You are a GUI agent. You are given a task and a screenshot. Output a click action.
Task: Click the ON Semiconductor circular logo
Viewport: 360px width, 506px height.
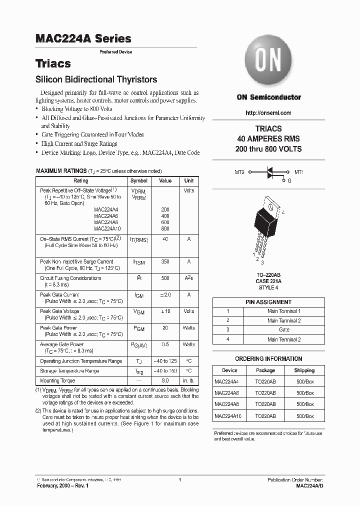[268, 62]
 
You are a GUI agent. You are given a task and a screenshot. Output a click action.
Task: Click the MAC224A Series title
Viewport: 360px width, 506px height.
[83, 38]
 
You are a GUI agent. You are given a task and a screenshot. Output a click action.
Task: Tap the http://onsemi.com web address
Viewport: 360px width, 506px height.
[268, 113]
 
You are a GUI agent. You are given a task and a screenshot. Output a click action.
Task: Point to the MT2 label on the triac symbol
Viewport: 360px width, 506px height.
[239, 172]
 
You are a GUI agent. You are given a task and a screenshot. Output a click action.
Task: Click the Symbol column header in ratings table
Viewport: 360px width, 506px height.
[139, 181]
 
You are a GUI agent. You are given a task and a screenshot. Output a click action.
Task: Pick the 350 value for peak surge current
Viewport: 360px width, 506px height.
[165, 261]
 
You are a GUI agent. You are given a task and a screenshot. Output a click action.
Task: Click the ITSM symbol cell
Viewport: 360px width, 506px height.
[139, 262]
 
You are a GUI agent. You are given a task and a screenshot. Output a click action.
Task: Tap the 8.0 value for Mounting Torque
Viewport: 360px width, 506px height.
[165, 380]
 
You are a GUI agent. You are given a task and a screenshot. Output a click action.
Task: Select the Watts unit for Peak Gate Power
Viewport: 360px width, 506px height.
[188, 328]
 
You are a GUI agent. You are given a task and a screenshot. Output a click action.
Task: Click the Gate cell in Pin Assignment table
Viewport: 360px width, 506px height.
[283, 330]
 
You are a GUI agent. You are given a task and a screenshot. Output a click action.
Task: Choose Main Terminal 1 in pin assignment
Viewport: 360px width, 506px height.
[283, 311]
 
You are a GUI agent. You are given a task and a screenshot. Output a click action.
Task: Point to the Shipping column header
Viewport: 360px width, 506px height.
[304, 370]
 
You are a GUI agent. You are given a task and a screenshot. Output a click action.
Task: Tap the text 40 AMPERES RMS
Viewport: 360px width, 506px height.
[268, 139]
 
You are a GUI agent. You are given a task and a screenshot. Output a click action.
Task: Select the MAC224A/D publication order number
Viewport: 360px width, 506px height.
[309, 485]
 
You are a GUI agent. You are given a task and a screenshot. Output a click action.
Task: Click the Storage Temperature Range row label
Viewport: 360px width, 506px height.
[69, 371]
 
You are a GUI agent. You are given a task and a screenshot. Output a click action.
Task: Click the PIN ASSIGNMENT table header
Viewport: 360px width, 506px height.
[268, 302]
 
